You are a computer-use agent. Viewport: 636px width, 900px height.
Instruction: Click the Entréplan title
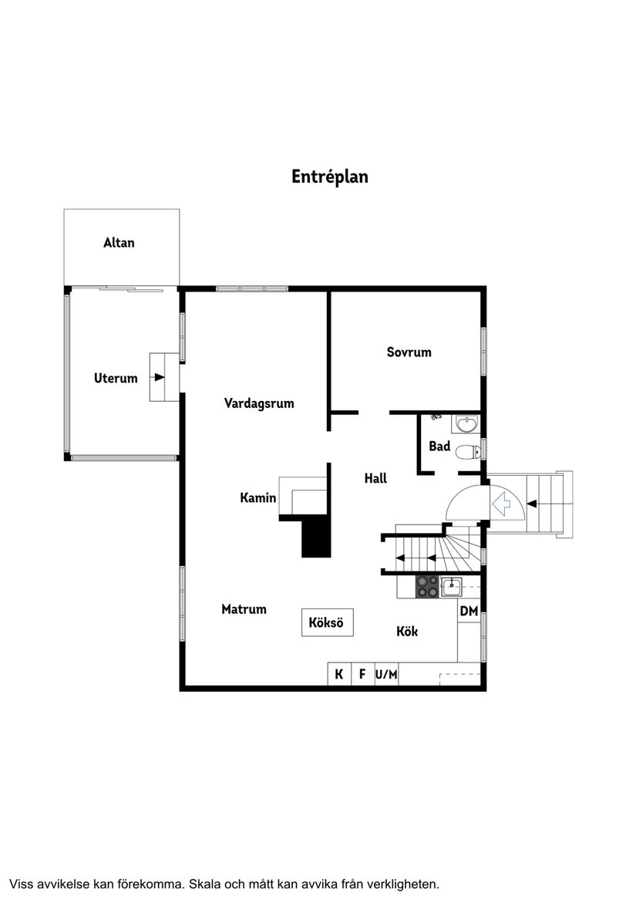point(329,177)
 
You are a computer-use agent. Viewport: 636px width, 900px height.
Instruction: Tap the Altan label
point(119,243)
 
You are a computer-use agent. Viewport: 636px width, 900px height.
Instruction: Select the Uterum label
point(116,378)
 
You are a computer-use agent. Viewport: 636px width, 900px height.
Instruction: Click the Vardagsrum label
point(259,403)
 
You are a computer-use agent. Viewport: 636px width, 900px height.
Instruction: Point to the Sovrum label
point(409,352)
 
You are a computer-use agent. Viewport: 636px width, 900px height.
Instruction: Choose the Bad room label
point(439,447)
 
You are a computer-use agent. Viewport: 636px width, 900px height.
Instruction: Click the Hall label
point(375,479)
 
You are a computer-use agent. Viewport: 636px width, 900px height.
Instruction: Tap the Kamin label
point(257,498)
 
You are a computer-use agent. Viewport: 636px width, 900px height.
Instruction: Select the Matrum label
point(244,609)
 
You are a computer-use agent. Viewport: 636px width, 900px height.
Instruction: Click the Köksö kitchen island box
point(327,622)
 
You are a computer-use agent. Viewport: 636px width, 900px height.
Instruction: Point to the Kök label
point(407,632)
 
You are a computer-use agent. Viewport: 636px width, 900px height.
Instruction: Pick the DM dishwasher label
point(469,612)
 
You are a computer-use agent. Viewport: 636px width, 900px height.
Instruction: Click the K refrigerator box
point(338,675)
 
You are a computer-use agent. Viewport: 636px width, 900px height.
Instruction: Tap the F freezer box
point(362,675)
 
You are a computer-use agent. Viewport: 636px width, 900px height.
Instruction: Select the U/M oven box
point(386,675)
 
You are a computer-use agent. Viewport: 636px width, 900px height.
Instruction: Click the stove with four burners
point(427,588)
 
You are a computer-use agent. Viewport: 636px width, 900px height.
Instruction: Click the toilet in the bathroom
point(466,452)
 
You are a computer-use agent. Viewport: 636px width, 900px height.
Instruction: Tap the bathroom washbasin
point(466,423)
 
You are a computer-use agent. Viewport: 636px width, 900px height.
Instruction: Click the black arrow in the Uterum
point(159,377)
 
